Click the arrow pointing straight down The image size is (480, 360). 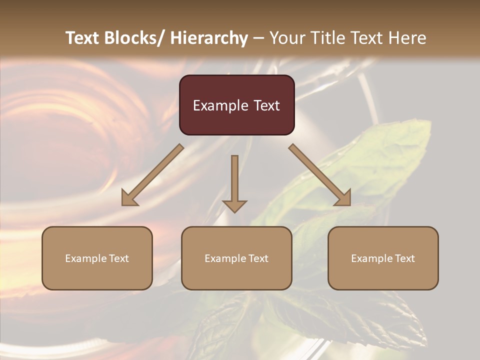click(234, 182)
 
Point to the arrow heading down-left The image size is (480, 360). click(152, 175)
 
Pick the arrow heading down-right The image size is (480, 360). click(320, 175)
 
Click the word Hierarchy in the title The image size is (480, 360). click(209, 38)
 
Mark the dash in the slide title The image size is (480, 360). click(258, 38)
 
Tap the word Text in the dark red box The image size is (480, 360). click(266, 105)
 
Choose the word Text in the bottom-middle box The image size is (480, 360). click(257, 258)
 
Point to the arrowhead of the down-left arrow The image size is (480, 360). click(129, 199)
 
